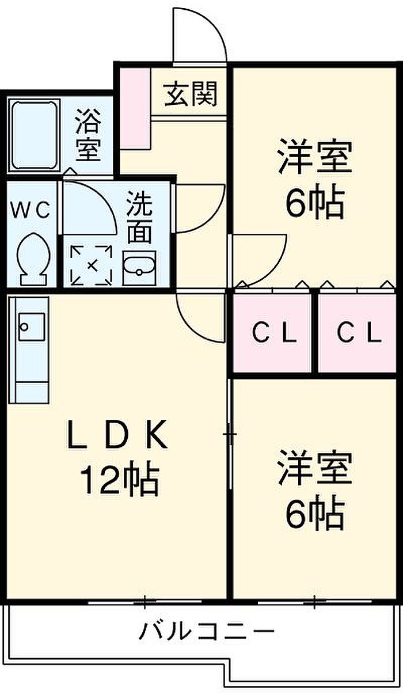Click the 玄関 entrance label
pos(191,94)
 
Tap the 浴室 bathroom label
pos(89,136)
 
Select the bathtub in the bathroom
pos(35,134)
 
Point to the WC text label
pos(31,210)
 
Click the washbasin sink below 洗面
pos(138,269)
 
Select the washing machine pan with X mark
pos(92,265)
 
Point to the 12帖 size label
pos(119,480)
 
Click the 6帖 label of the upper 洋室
pos(314,202)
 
